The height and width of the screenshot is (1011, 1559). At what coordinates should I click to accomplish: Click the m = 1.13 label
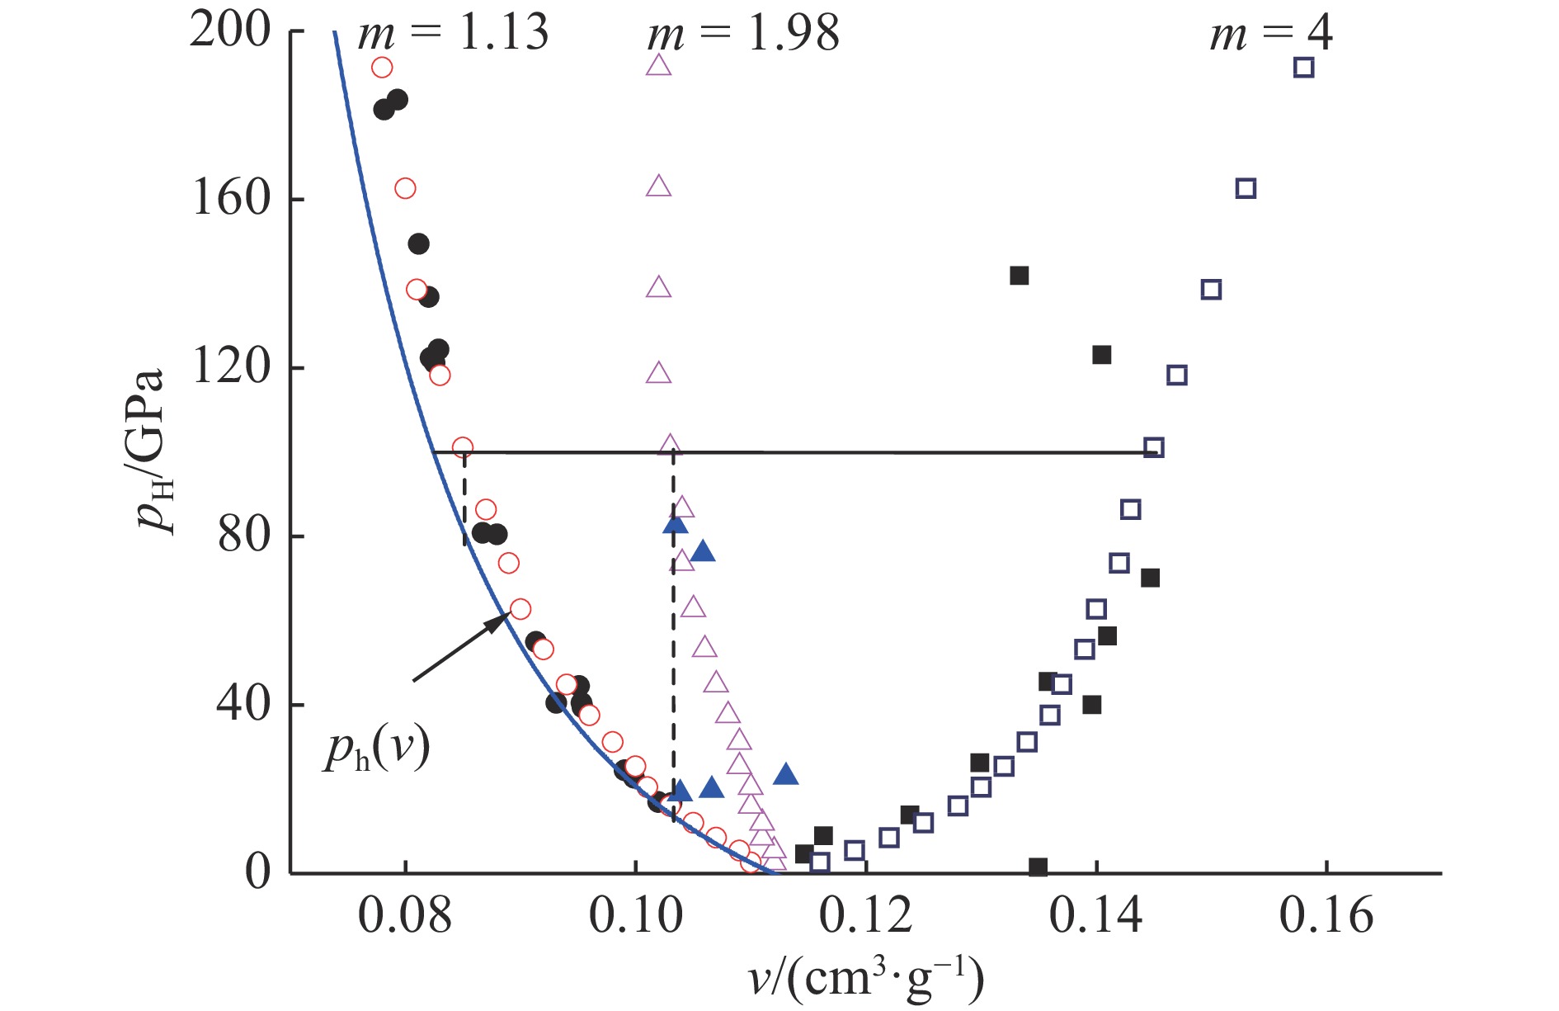coord(452,34)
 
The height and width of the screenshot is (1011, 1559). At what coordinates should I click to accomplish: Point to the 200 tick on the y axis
coord(230,31)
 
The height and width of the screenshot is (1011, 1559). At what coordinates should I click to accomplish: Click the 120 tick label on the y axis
coord(232,366)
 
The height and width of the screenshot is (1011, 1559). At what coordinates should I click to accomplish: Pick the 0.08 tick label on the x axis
coord(405,916)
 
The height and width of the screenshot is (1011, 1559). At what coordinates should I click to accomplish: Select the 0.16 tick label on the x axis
coord(1326,916)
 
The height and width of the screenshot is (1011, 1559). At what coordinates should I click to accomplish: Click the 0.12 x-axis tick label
coord(865,916)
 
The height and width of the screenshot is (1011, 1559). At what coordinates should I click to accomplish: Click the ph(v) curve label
coord(376,750)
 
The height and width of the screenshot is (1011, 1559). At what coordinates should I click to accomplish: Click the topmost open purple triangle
coord(658,65)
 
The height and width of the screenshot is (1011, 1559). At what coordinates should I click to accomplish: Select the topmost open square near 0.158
coord(1303,68)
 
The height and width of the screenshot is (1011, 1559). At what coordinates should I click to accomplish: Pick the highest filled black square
coord(1020,276)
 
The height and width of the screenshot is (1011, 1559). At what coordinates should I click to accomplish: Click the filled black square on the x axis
coord(1039,867)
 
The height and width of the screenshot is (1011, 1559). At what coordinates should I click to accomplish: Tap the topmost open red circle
coord(382,68)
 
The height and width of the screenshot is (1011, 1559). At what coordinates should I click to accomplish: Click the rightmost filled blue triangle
coord(786,774)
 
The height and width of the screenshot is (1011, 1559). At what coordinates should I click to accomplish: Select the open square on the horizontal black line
coord(1154,448)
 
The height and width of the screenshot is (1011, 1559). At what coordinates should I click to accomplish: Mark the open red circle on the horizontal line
coord(463,447)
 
